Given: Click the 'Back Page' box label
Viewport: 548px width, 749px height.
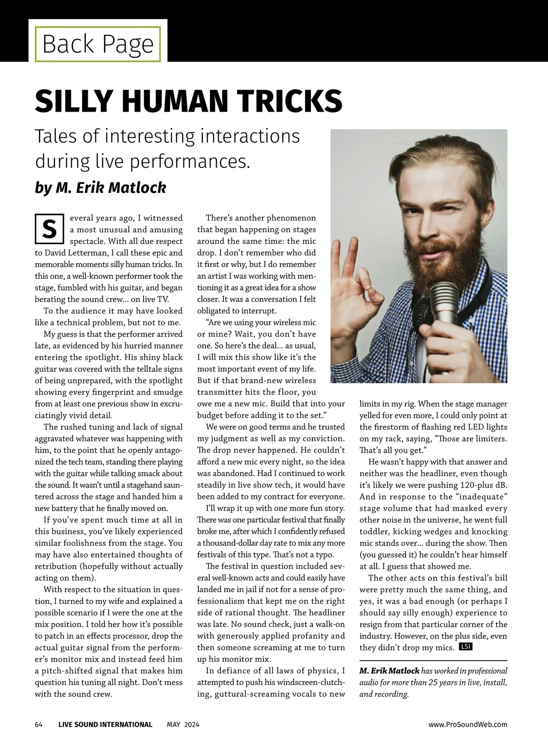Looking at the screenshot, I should (98, 44).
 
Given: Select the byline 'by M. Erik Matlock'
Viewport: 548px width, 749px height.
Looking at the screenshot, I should (100, 187).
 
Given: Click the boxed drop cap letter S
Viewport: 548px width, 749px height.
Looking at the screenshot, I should (49, 228).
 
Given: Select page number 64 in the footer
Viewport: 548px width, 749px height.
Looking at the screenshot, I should (39, 724).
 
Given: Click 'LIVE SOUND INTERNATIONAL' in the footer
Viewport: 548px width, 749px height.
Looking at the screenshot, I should (105, 724).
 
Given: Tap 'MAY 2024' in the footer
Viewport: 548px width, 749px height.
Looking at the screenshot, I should (183, 724).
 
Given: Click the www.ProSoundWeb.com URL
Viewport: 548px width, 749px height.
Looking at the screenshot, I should (468, 724).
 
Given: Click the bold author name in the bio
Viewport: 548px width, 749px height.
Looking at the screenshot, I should (389, 671).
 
